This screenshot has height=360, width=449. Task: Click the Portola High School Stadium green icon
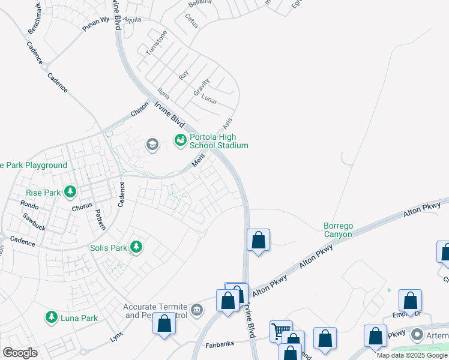pos(180,140)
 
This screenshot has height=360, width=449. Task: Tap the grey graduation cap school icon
pos(152,144)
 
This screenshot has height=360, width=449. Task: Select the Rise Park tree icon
pos(71,192)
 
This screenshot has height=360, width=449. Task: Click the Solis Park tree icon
pos(137,247)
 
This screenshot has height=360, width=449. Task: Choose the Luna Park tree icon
pos(51,317)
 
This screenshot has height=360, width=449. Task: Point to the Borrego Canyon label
pos(338,230)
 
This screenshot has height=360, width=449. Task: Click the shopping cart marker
pos(280,331)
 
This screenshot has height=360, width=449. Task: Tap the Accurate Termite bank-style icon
pos(197,310)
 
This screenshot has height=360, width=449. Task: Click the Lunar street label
pos(209,100)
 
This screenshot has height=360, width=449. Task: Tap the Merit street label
pos(199,160)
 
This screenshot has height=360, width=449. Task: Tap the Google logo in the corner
pos(20,353)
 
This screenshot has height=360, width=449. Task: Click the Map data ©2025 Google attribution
pos(412,355)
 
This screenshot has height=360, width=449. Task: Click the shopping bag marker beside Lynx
pos(164,324)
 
